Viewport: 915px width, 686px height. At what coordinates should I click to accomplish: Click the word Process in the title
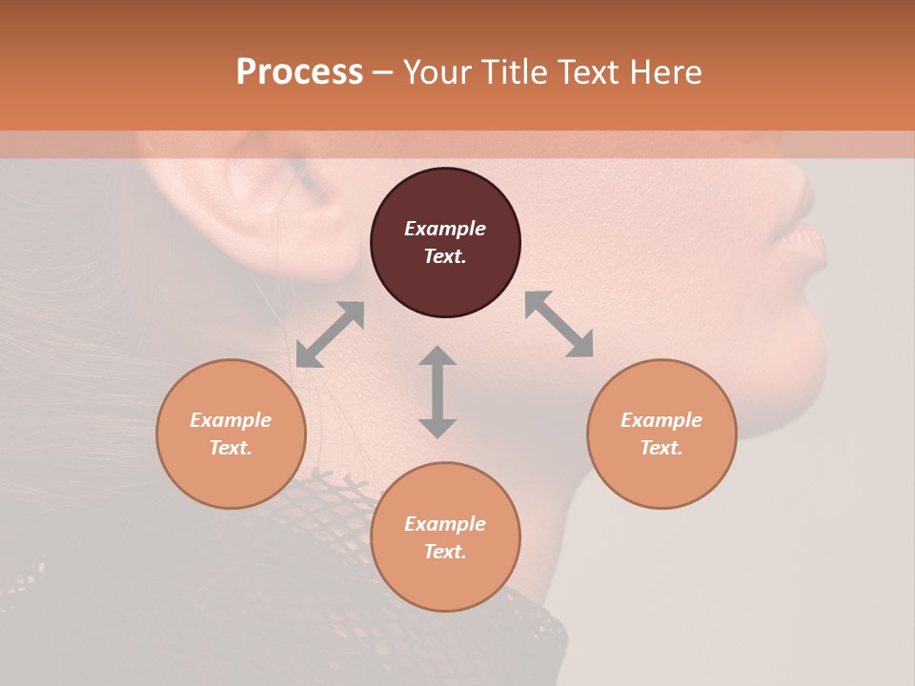[x=299, y=72]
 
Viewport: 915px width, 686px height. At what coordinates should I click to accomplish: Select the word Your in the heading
[x=436, y=72]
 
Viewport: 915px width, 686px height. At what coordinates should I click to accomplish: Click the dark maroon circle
[x=445, y=242]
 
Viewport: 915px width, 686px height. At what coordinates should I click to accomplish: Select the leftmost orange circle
[x=231, y=434]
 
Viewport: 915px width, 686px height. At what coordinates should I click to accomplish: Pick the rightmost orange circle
[x=661, y=434]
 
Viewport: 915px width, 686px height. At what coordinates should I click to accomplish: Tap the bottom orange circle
[x=445, y=536]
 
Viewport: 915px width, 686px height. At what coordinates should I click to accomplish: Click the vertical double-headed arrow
[x=437, y=392]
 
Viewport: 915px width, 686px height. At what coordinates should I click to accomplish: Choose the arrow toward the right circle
[x=559, y=324]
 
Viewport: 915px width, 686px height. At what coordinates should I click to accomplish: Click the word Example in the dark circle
[x=445, y=229]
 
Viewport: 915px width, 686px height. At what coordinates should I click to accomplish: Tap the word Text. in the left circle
[x=231, y=448]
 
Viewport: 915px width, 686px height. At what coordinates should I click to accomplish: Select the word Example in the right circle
[x=661, y=420]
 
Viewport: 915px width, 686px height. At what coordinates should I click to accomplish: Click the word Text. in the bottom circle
[x=445, y=552]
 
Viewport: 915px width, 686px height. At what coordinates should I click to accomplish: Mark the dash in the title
[x=382, y=72]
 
